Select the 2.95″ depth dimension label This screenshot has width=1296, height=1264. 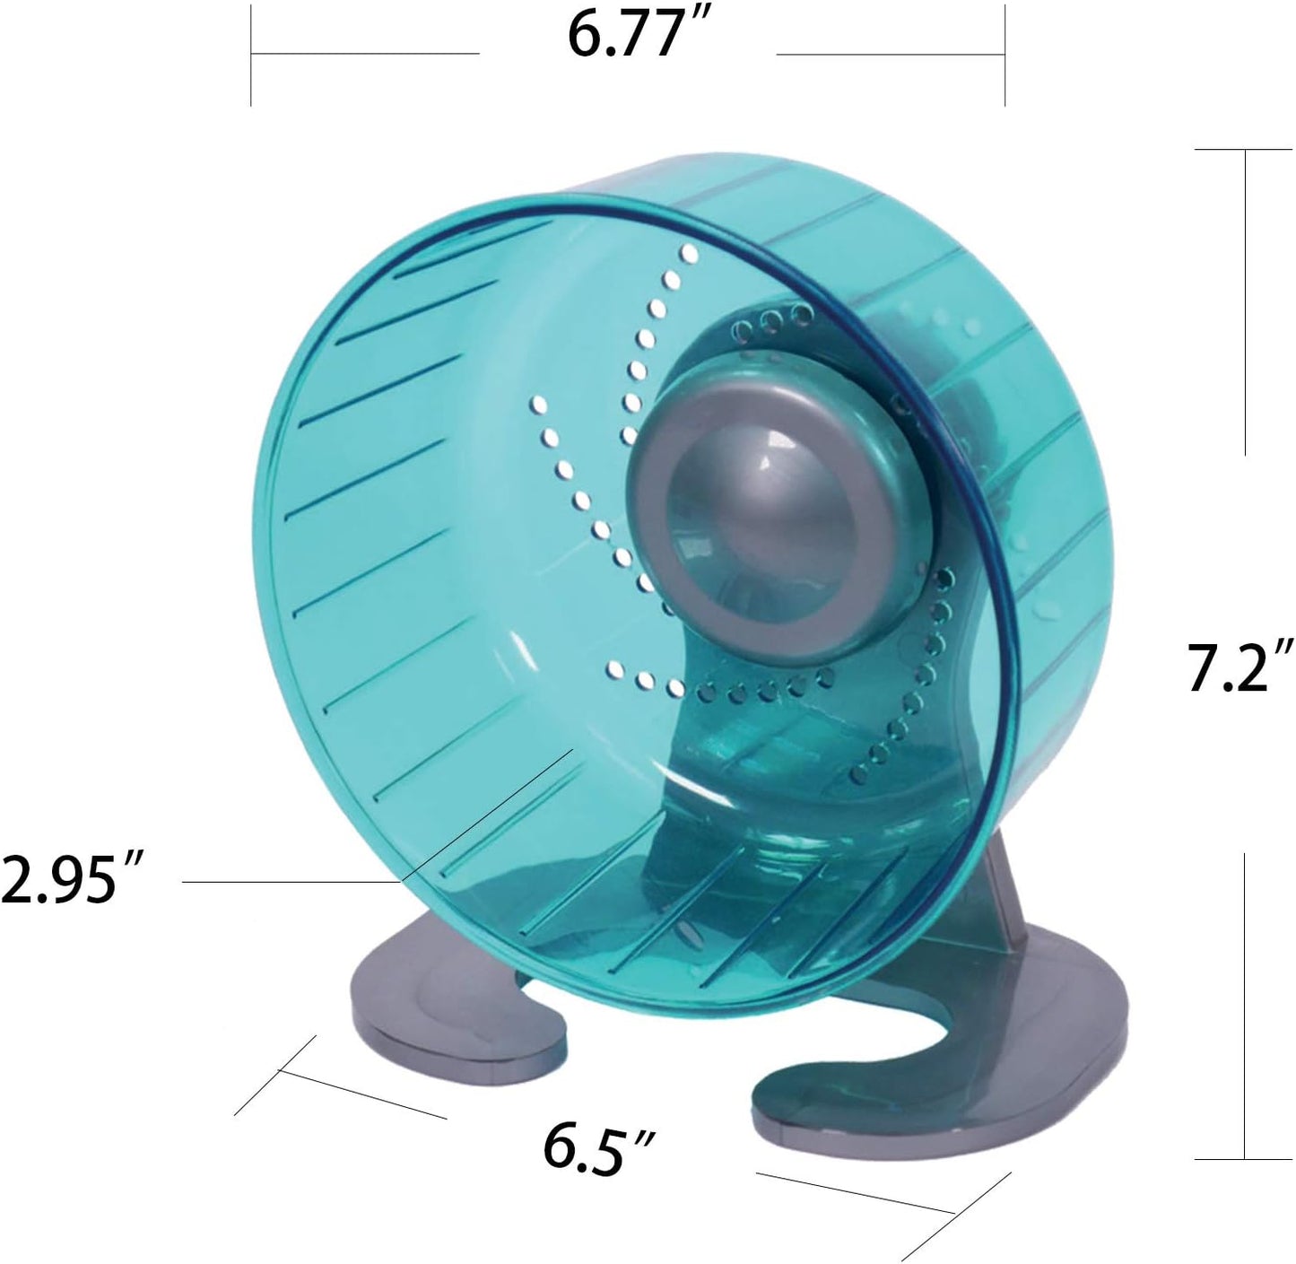click(71, 879)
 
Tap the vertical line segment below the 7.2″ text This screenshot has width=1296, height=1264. click(1245, 1005)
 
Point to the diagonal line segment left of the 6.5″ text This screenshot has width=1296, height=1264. click(363, 1094)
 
